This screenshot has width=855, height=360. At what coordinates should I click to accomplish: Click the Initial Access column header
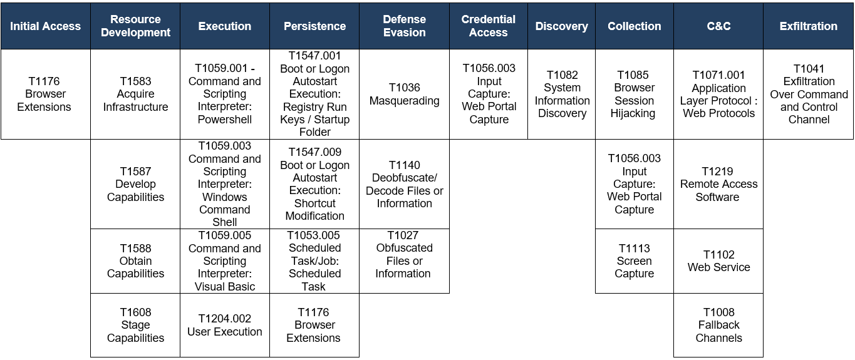(46, 26)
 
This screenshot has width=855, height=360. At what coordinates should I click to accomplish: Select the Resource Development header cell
(135, 26)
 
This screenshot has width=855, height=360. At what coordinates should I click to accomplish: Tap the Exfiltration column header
(809, 26)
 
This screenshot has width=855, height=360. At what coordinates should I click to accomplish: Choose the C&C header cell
(718, 26)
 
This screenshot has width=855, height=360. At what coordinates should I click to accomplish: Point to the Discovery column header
(561, 26)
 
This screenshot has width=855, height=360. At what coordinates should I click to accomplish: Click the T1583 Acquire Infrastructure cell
(135, 94)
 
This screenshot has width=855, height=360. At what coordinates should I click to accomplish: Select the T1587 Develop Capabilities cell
(135, 184)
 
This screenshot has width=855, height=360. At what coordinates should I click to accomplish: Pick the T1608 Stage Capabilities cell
(135, 326)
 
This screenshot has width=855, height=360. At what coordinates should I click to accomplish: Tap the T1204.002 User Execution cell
(225, 326)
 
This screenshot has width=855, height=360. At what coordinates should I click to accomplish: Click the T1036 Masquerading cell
(404, 94)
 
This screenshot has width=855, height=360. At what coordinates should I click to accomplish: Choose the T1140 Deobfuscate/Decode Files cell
(404, 184)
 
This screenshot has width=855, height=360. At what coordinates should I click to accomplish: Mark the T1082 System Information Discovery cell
(561, 94)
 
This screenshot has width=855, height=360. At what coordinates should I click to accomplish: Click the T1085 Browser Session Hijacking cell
(635, 94)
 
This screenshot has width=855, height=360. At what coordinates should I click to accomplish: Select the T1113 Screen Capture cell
(635, 261)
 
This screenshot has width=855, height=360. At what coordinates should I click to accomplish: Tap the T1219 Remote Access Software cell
(718, 184)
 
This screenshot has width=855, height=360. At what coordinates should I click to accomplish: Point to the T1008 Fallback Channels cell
(718, 326)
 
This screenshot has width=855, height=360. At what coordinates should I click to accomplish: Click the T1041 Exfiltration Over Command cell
(809, 94)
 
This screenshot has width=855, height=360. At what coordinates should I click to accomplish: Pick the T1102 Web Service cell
(718, 261)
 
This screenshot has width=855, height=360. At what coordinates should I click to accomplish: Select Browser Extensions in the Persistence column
(314, 326)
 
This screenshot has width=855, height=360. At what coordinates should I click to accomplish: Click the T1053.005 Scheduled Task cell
(314, 261)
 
